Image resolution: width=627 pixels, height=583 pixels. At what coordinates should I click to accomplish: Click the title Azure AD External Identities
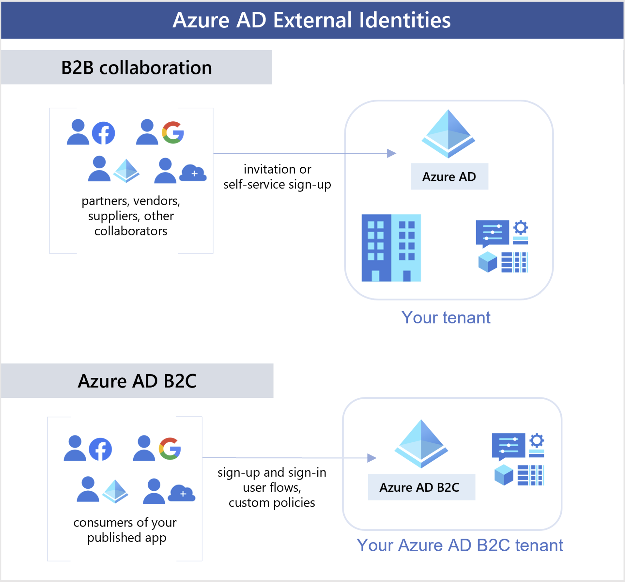point(312,20)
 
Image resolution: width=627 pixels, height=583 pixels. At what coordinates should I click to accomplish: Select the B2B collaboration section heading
point(137,68)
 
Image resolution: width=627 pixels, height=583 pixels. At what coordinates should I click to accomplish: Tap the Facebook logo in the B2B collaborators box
point(104,133)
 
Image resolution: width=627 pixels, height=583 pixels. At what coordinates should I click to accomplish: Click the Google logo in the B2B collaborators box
point(173,133)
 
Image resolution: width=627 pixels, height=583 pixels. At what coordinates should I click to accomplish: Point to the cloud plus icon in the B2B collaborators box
point(194,173)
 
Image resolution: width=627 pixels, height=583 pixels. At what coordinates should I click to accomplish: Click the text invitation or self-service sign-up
point(277,177)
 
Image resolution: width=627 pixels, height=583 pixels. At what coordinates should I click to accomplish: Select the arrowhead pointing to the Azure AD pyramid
point(392,153)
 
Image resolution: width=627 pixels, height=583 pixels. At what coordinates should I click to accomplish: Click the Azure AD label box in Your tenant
point(450,177)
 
